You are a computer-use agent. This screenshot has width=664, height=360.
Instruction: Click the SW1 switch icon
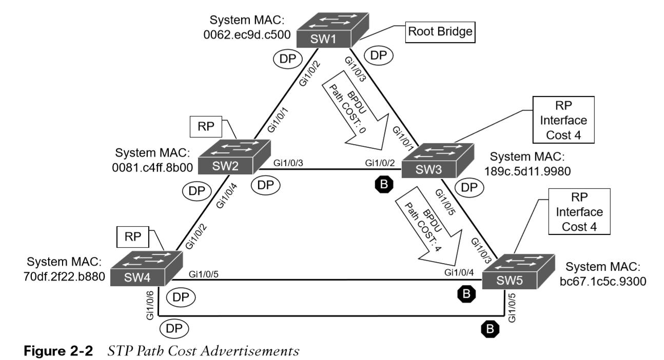(x=333, y=30)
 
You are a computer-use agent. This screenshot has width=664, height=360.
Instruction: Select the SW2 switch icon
(x=234, y=157)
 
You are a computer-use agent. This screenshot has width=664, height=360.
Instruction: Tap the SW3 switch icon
(x=438, y=161)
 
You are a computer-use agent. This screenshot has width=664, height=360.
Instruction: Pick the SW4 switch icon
(x=146, y=268)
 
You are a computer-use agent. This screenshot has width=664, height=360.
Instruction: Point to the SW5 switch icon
(x=518, y=272)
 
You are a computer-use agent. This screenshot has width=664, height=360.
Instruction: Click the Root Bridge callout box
(x=440, y=32)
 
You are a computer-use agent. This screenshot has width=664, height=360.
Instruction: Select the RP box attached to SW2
(x=206, y=127)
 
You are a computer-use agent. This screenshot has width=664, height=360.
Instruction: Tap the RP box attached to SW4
(x=132, y=237)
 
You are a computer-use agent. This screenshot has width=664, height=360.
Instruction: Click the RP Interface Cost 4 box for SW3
(x=563, y=119)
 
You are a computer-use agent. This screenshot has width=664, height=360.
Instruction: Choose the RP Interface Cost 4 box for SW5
(x=579, y=212)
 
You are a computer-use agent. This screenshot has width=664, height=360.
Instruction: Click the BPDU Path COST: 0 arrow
(x=356, y=112)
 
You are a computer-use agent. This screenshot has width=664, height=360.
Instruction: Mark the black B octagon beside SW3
(x=384, y=184)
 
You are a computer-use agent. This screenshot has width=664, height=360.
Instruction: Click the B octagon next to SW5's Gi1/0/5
(x=490, y=329)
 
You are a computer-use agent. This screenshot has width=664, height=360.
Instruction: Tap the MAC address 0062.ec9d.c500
(x=247, y=35)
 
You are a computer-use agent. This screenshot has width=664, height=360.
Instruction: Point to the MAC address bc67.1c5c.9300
(x=603, y=281)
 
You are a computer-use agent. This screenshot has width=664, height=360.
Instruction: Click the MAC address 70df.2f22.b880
(x=64, y=276)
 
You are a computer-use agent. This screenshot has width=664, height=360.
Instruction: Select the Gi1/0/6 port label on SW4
(x=150, y=306)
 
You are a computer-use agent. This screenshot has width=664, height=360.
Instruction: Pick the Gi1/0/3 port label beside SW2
(x=288, y=163)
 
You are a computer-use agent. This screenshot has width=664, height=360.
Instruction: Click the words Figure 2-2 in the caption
(x=58, y=351)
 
